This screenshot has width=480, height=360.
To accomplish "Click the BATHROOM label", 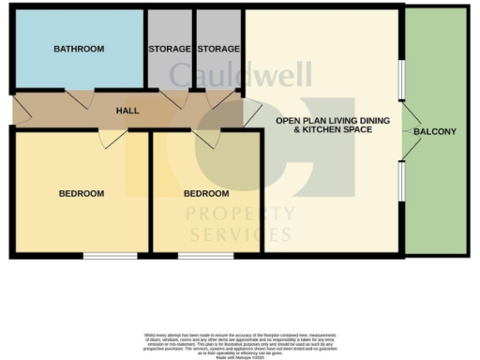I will pos(79,49).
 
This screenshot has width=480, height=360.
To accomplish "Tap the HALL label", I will pos(127,111).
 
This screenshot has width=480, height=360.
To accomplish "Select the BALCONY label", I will pos(435,132).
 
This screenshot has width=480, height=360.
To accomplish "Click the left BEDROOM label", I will pos(82,194).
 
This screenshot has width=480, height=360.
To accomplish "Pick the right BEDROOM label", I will pos(206,194).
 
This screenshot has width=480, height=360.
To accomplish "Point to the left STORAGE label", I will pos(170,49).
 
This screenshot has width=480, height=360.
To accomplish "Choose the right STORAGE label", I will pos(219,49).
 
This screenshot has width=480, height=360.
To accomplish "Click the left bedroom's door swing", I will pos(112,139).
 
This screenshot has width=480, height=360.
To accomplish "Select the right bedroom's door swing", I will pos(206,138).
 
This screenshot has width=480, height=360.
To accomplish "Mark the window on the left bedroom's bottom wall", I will pos(102,255).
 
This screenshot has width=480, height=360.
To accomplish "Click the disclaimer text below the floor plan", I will pos(240,341).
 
